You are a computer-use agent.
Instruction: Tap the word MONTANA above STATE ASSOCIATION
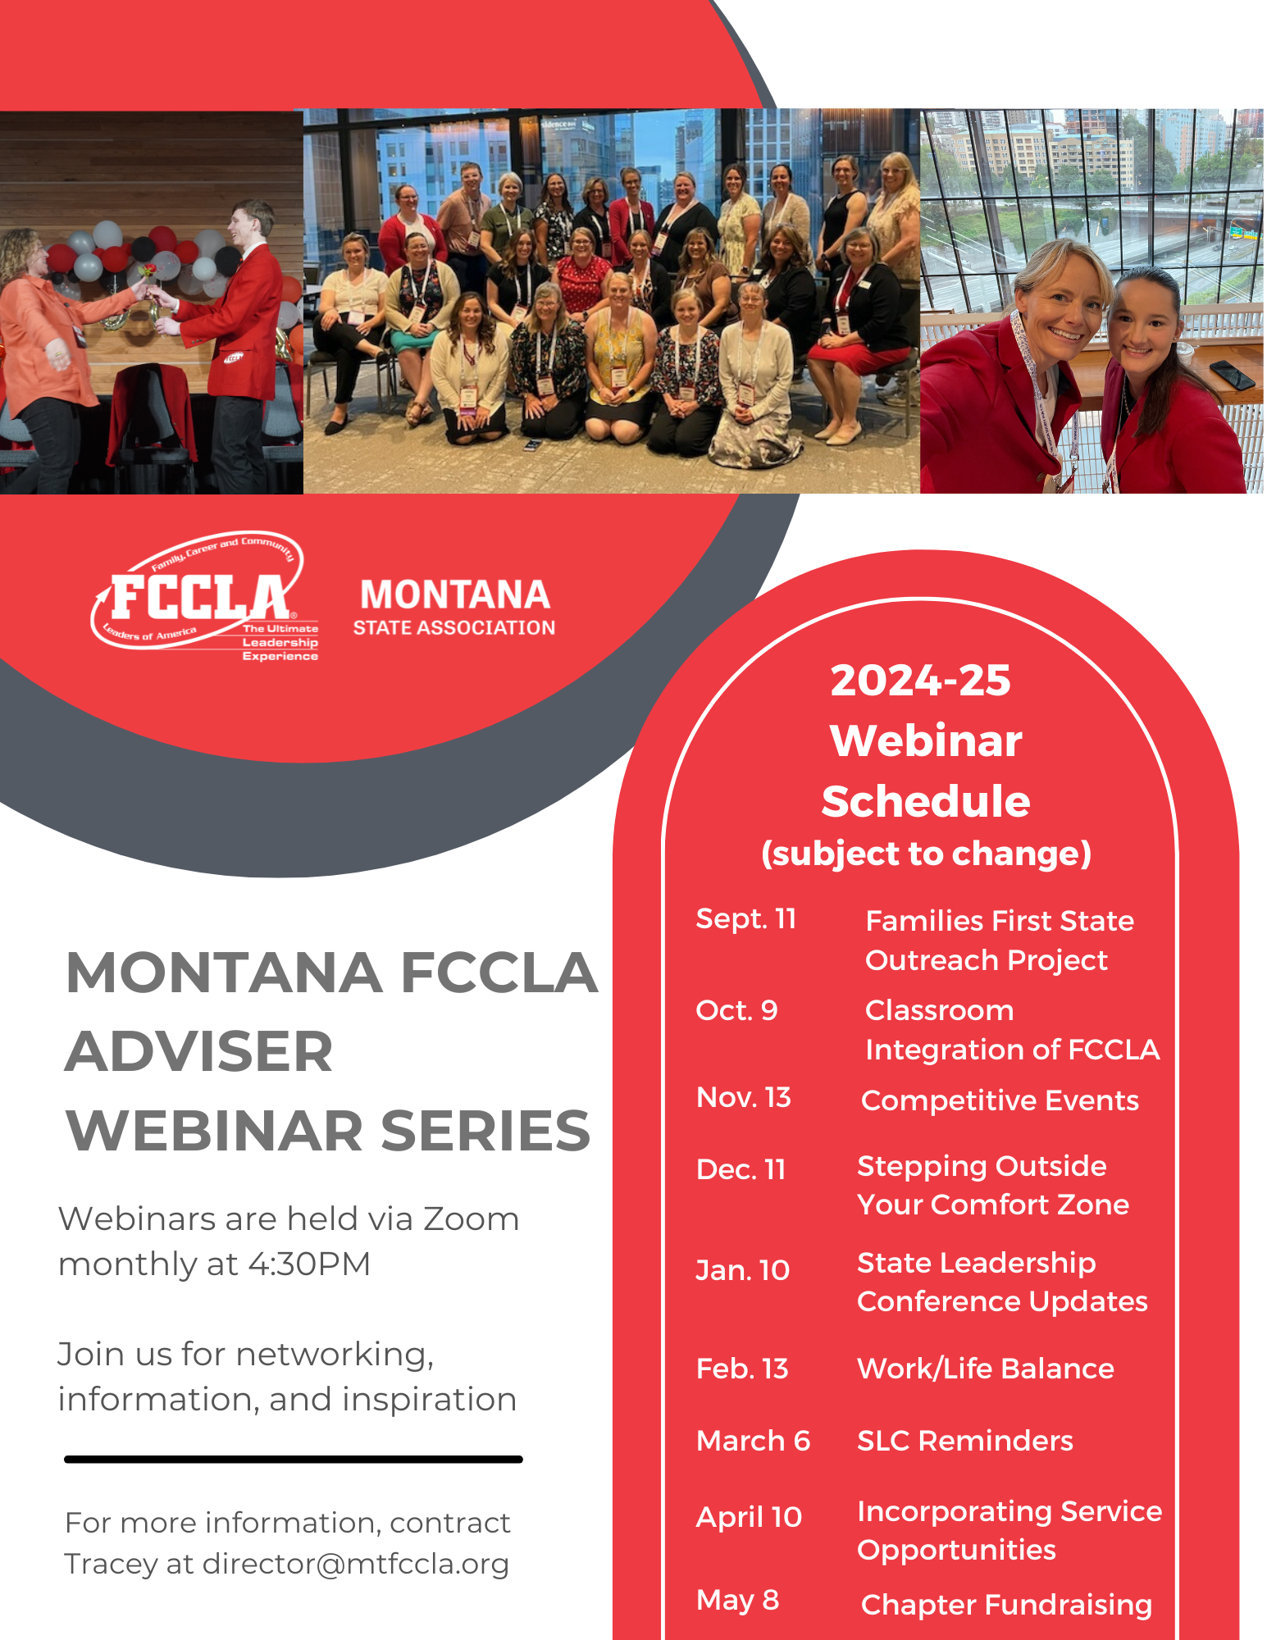[x=454, y=594]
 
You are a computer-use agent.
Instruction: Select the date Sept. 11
[x=745, y=919]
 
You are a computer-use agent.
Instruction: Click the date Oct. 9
[x=736, y=1010]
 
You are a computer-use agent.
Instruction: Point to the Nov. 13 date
[x=743, y=1097]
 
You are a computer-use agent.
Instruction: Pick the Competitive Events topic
[x=1000, y=1100]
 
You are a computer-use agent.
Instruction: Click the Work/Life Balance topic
[x=985, y=1369]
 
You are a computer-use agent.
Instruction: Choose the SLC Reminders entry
[x=964, y=1441]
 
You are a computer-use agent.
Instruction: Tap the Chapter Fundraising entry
[x=1006, y=1605]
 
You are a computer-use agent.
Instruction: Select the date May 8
[x=737, y=1600]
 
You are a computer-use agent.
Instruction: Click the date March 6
[x=753, y=1441]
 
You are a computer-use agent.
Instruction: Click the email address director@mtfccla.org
[x=356, y=1564]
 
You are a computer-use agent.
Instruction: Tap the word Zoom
[x=471, y=1219]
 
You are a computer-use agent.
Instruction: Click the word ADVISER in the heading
[x=199, y=1051]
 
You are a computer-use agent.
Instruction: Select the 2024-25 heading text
[x=920, y=680]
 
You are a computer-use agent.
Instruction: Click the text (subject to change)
[x=926, y=854]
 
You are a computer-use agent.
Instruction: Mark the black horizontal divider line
[x=294, y=1460]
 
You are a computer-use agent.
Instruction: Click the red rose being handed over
[x=148, y=271]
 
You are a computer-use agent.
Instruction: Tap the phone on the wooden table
[x=1232, y=374]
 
